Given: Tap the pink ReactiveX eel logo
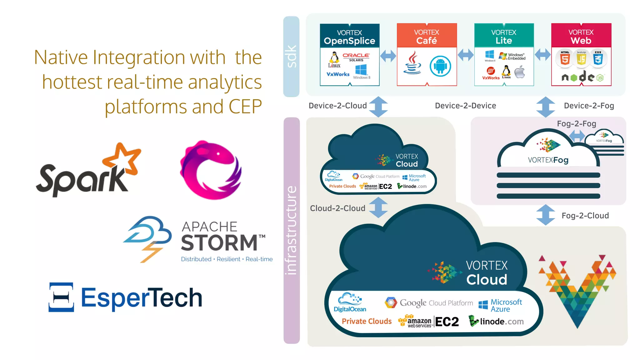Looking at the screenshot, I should click(210, 170).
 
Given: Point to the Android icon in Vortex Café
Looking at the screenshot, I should click(440, 66).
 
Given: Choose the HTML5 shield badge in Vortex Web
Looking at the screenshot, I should click(565, 58).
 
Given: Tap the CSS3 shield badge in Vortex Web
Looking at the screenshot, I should click(598, 58).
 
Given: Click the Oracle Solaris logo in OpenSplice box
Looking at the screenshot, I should click(356, 57).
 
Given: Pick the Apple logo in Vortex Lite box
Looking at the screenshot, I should click(520, 72).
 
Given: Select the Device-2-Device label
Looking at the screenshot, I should click(465, 106).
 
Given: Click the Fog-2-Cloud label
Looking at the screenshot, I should click(585, 216).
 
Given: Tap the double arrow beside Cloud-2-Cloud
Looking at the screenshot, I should click(378, 207).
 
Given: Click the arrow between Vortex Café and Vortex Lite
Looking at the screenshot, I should click(466, 55).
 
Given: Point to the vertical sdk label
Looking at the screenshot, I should click(291, 57).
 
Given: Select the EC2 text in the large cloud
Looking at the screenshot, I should click(447, 322).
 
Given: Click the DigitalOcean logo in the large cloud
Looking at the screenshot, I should click(350, 302).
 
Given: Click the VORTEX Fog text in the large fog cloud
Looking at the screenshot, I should click(548, 160).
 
